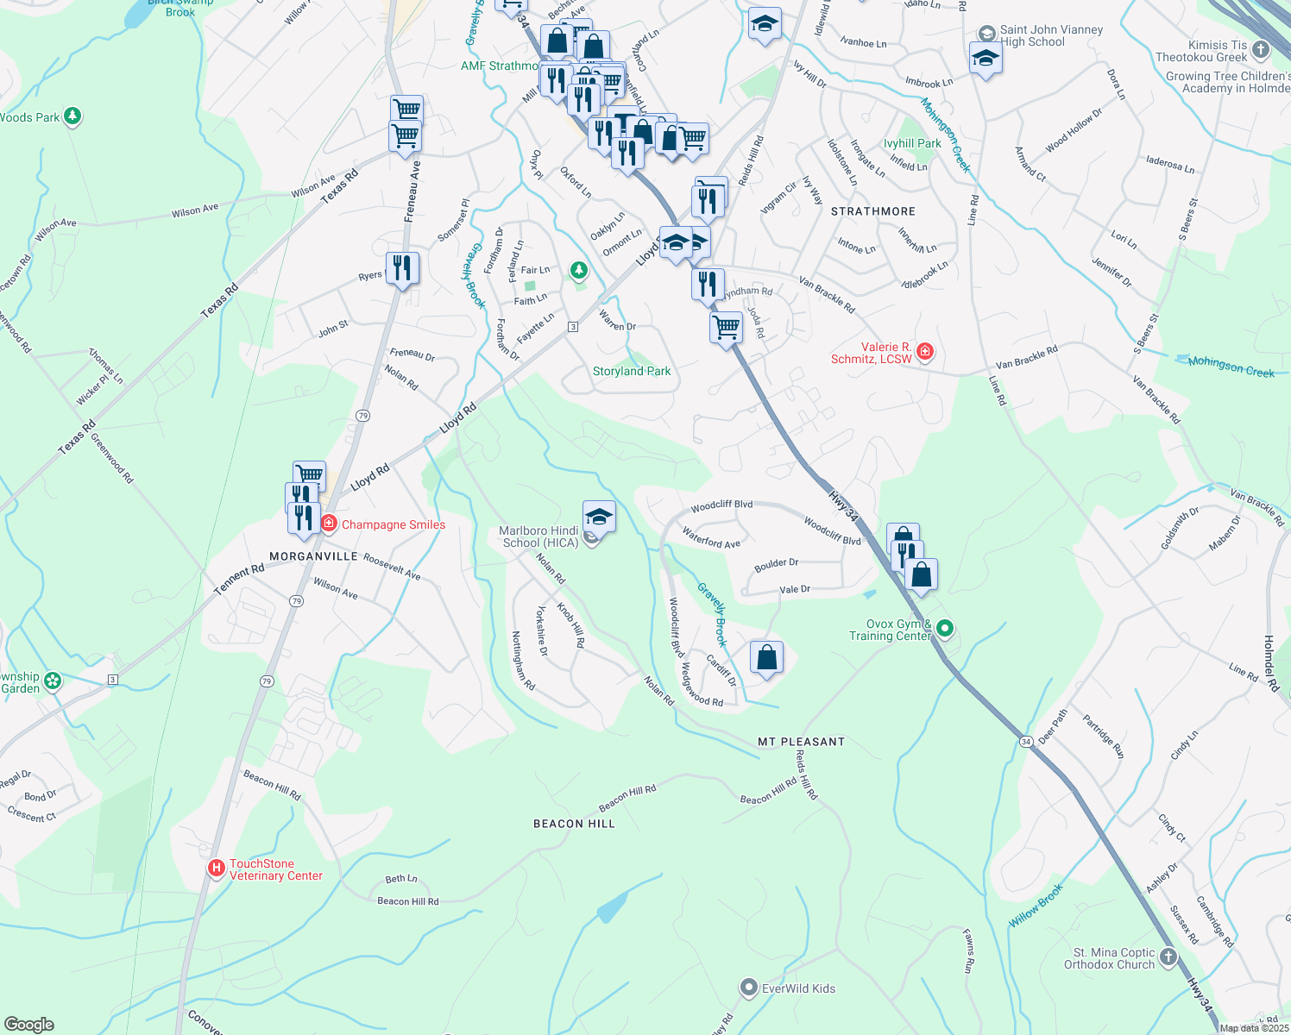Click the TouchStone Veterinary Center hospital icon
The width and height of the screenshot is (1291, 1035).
pos(217,868)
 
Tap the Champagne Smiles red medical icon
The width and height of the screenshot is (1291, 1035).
pos(329,524)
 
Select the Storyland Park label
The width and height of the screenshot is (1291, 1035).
pos(632,371)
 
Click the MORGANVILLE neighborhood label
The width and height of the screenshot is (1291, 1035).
pos(313,556)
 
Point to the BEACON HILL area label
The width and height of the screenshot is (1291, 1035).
pos(574,824)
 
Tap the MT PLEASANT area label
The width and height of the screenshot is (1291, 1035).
pos(801,742)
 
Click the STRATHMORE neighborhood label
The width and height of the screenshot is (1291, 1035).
pos(872,211)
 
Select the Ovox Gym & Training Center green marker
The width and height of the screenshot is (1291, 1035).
pos(945,629)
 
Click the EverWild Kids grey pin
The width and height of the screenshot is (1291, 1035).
pos(749,988)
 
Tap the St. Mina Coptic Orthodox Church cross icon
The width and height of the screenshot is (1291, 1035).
pos(1168,957)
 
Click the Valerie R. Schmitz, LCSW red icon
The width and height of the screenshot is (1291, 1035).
pos(925,351)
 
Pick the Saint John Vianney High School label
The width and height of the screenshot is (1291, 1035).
pos(1051,35)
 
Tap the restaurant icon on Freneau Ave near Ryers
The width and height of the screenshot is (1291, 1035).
pos(402,268)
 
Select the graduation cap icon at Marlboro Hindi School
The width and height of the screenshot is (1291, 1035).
pos(599,517)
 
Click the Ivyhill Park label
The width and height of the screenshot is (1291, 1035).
pos(912,143)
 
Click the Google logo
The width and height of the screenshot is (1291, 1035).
pos(29,1025)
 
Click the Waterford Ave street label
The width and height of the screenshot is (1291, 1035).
pos(711,538)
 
